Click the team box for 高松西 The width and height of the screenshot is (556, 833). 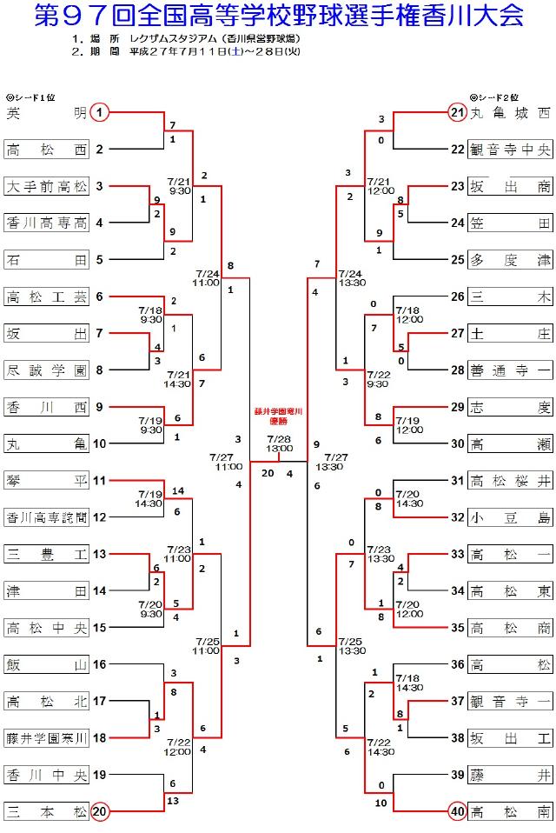pyautogui.click(x=47, y=150)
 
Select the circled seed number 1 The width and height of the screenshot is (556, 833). pyautogui.click(x=99, y=113)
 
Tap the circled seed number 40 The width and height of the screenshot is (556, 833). pyautogui.click(x=457, y=811)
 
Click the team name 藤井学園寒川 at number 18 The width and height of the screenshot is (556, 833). pyautogui.click(x=47, y=738)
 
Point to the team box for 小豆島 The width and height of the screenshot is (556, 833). pyautogui.click(x=510, y=517)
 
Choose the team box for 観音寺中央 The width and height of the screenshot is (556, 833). pyautogui.click(x=510, y=150)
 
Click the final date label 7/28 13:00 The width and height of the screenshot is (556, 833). pyautogui.click(x=279, y=443)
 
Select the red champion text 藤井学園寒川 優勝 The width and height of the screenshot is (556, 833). pyautogui.click(x=279, y=416)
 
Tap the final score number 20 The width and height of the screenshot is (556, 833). pyautogui.click(x=268, y=473)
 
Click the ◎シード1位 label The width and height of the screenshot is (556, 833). pyautogui.click(x=30, y=97)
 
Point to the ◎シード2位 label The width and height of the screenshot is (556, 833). pyautogui.click(x=494, y=97)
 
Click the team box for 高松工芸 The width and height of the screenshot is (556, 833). pyautogui.click(x=47, y=297)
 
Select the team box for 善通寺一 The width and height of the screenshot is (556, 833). pyautogui.click(x=510, y=370)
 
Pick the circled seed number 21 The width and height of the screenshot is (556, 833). pyautogui.click(x=457, y=113)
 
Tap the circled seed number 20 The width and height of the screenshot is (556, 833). pyautogui.click(x=100, y=811)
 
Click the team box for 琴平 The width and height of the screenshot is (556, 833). pyautogui.click(x=47, y=481)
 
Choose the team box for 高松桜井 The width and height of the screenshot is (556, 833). pyautogui.click(x=510, y=481)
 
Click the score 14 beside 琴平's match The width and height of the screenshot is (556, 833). pyautogui.click(x=178, y=491)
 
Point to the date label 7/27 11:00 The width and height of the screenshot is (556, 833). pyautogui.click(x=226, y=462)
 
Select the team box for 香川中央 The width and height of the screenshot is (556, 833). pyautogui.click(x=47, y=775)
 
